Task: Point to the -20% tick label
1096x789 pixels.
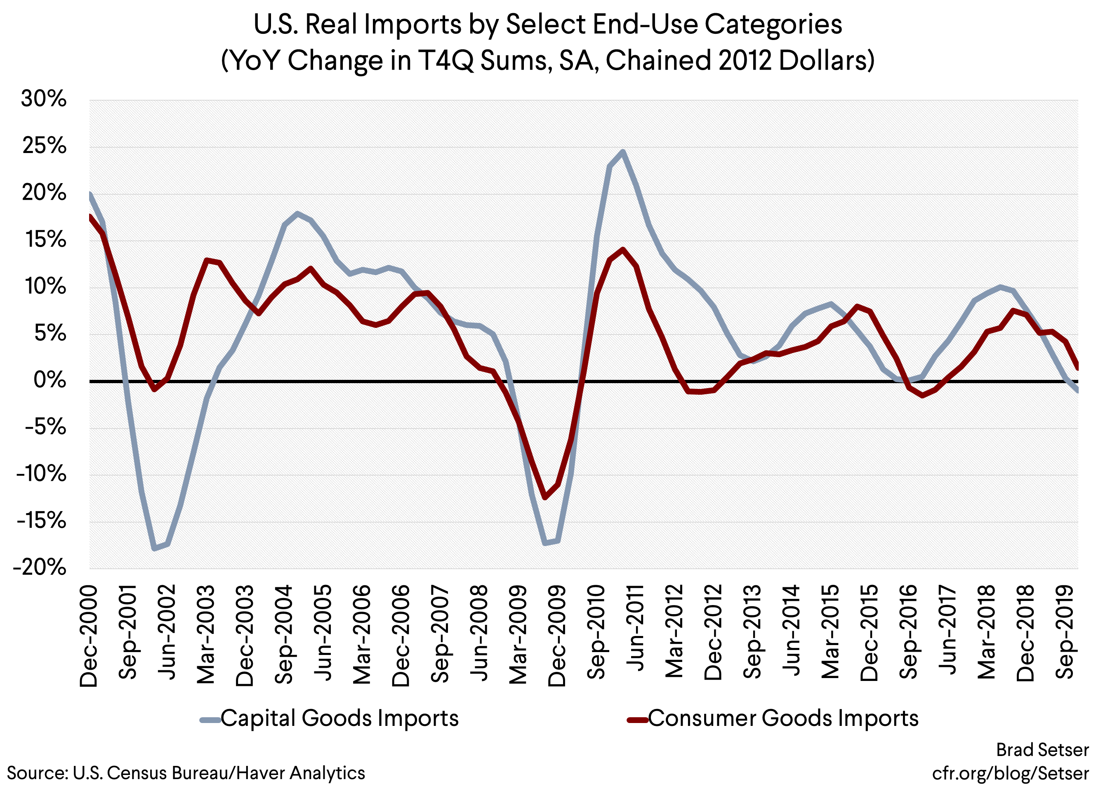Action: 40,567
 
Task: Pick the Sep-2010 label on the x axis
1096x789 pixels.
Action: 597,632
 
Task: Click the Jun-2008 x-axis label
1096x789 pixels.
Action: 480,633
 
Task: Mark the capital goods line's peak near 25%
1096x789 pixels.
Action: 623,152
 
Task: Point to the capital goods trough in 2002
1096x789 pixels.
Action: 154,548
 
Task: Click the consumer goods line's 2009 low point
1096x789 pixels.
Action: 545,497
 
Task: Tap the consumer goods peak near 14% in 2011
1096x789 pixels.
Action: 623,250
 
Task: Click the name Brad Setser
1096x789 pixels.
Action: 1042,749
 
